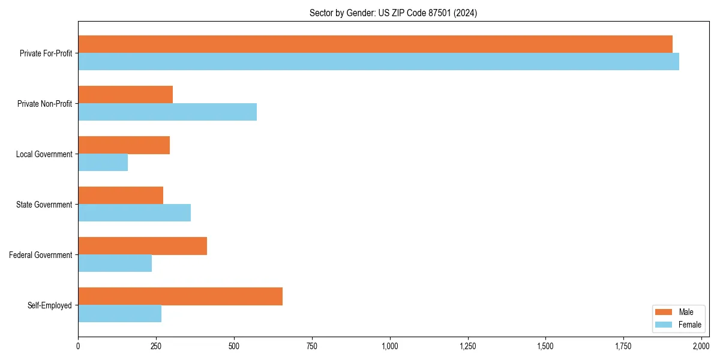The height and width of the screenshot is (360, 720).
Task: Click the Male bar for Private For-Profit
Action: (375, 44)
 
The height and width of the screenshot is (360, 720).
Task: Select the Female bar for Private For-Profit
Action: (378, 62)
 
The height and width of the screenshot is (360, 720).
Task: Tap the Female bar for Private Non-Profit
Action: (167, 112)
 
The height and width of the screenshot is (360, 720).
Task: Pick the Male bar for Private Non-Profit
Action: (125, 95)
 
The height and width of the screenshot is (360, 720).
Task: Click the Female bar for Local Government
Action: (103, 163)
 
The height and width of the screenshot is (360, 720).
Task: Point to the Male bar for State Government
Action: (121, 196)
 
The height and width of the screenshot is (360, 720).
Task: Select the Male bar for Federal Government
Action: (142, 246)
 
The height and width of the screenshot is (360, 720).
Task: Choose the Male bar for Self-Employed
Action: (180, 296)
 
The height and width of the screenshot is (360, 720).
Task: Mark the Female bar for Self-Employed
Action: (119, 314)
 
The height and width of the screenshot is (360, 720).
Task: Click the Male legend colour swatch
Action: (664, 312)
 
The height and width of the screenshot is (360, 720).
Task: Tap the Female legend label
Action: (689, 325)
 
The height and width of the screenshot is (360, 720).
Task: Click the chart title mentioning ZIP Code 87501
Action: (393, 13)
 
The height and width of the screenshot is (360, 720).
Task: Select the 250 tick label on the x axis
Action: (156, 346)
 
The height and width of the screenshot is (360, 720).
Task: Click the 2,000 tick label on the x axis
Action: (701, 346)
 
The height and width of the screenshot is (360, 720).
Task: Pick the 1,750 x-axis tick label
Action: (623, 346)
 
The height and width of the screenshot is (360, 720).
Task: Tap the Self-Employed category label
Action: (50, 305)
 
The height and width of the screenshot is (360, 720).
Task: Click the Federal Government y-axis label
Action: (41, 255)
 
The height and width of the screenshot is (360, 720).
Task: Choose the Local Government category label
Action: (44, 154)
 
